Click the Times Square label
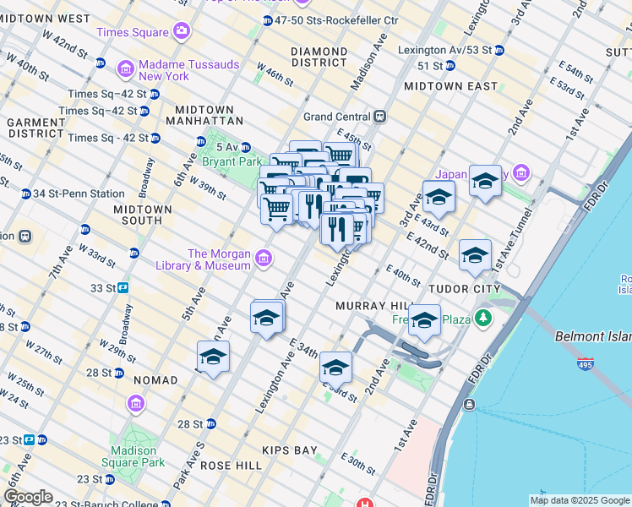coord(132,32)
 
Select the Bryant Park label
coord(232,161)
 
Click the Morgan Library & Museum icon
coord(264,257)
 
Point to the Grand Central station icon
coord(381,117)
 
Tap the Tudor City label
coord(465,288)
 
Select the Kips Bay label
coord(289,450)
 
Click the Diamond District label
coord(319,57)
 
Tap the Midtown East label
coord(450,86)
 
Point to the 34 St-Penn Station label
coord(79,194)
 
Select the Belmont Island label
coord(592,336)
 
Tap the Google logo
coord(28,497)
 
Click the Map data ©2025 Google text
coord(579,500)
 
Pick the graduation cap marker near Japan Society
coord(485,182)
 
